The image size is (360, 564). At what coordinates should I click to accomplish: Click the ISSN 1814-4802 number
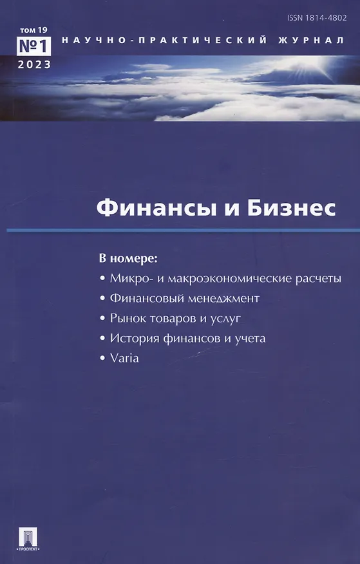pos(317,17)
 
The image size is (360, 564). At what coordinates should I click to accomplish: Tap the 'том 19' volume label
pos(33,30)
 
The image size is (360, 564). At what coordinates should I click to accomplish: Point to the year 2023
pos(34,65)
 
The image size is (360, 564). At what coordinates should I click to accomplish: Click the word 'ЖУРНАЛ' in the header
pos(311,41)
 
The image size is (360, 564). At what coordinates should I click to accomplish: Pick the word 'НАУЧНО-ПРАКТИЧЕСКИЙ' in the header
pos(164,41)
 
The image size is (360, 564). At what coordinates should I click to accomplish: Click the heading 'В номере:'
pos(128,259)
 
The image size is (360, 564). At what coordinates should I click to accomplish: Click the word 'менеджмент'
pos(223,299)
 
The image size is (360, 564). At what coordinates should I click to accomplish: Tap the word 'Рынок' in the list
pos(128,318)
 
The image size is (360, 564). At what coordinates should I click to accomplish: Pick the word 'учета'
pos(250,339)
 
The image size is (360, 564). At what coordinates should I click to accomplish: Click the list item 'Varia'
pos(124,358)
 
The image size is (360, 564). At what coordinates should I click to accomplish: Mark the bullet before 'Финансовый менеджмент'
pos(103,299)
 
